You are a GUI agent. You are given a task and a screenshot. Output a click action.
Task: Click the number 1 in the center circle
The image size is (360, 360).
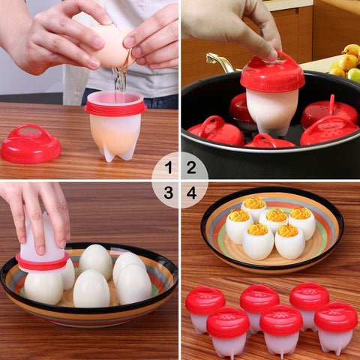click(x=169, y=167)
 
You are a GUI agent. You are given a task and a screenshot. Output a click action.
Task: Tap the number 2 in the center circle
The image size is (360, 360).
click(x=191, y=167)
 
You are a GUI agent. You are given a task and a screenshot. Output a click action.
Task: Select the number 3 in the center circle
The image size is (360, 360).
click(x=169, y=193)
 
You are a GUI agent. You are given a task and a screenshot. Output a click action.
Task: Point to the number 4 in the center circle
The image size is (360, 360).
click(x=191, y=193)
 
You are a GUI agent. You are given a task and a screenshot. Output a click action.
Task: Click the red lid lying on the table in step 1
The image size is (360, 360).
click(x=30, y=144)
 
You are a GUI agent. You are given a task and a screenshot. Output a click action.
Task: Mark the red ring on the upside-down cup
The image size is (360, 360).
click(x=42, y=262)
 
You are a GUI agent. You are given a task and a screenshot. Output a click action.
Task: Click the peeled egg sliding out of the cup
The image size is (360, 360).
click(x=43, y=286)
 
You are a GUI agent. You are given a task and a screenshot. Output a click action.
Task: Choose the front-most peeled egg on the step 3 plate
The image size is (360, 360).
click(x=91, y=289)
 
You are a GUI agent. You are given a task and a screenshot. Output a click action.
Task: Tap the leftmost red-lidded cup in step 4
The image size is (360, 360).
click(x=204, y=307)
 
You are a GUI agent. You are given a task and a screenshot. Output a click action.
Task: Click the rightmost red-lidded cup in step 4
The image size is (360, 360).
click(x=335, y=325)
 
